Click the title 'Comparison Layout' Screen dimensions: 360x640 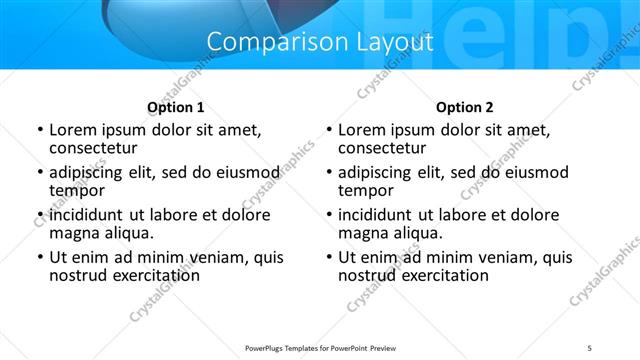(320, 42)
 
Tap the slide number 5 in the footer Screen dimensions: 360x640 (590, 348)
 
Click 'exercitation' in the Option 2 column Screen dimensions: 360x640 (442, 275)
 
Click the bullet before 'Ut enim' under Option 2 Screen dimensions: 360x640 (330, 257)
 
